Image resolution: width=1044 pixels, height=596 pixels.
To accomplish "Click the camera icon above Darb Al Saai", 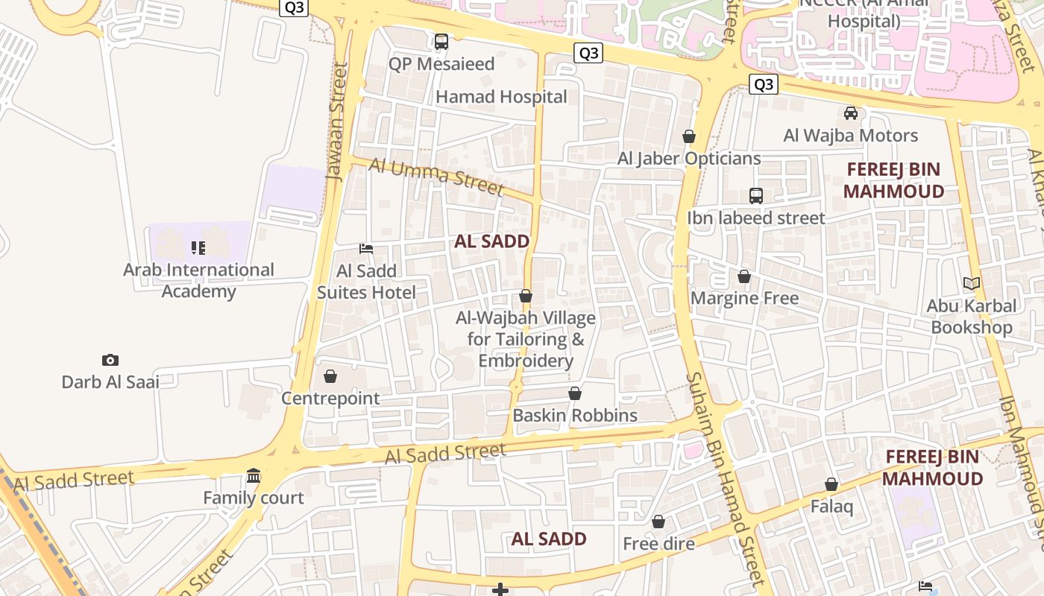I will [x=110, y=361].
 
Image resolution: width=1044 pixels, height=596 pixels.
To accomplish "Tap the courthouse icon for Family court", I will [x=254, y=476].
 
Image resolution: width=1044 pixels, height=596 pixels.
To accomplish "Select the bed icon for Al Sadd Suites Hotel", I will [x=366, y=249].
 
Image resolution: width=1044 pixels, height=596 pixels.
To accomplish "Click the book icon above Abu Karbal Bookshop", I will [x=971, y=284].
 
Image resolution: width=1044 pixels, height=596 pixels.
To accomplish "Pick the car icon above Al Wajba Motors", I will [x=851, y=113].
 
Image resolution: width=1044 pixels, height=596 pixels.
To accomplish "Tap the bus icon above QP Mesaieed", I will [x=441, y=42].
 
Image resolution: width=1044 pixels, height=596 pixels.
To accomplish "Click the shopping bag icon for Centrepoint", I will [x=330, y=376].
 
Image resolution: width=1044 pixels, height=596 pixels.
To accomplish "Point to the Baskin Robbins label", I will [x=575, y=415].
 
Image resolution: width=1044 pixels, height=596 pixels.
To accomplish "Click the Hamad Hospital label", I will [x=501, y=97].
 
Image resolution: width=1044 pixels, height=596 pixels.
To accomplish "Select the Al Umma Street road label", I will [x=436, y=176].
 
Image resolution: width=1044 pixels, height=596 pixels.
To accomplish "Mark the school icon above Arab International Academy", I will [x=198, y=248].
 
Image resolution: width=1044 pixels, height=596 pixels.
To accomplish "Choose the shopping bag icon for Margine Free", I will [x=744, y=277].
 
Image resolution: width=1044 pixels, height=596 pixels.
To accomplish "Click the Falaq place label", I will [x=831, y=507].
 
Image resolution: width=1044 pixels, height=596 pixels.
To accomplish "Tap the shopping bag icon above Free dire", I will [x=658, y=522].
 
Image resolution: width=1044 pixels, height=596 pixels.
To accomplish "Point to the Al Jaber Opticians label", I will [x=689, y=159].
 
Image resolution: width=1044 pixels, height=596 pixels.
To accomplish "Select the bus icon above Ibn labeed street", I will [x=756, y=196].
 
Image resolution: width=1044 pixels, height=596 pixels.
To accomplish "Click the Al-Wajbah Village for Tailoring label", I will [x=526, y=339].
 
